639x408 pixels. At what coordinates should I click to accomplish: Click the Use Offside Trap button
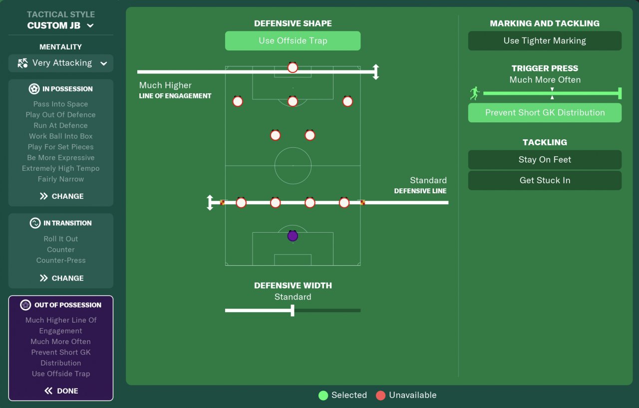pos(293,41)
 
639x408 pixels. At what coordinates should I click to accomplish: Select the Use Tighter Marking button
pos(545,41)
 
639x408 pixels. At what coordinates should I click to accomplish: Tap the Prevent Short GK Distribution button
pos(545,113)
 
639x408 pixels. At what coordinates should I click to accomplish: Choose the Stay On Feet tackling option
pos(545,160)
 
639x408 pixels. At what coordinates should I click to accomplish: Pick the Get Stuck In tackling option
pos(545,180)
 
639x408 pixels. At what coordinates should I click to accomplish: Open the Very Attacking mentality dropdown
pos(61,63)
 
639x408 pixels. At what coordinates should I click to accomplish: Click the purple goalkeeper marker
pos(293,236)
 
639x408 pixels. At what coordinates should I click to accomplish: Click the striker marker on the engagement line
pos(293,67)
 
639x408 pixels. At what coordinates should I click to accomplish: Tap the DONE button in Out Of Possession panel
pos(61,391)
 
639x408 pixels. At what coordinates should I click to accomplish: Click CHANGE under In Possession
pos(61,196)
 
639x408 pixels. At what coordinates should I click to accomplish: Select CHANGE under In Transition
pos(61,278)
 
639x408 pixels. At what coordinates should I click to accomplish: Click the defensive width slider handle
pos(293,311)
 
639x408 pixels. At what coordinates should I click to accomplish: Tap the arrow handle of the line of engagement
pos(376,72)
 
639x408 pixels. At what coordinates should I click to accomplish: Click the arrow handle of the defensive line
pos(210,203)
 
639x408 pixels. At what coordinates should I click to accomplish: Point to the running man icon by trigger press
pos(474,93)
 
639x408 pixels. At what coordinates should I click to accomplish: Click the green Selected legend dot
pos(323,396)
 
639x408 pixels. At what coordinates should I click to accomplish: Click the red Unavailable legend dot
pos(381,396)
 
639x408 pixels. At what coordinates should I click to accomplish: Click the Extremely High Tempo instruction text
pos(61,168)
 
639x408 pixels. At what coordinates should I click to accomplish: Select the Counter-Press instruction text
pos(61,260)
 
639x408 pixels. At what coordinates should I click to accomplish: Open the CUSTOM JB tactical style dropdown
pos(61,25)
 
